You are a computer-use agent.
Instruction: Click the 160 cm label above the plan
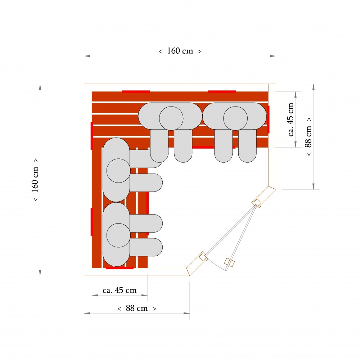tap(180, 51)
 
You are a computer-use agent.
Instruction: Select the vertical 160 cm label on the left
tap(35, 180)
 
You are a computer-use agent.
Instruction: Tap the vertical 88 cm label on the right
tap(309, 136)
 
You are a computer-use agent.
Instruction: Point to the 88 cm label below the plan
tap(137, 309)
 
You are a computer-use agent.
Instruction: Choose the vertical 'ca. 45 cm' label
tap(291, 120)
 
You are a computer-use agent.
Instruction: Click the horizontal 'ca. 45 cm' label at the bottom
tap(120, 291)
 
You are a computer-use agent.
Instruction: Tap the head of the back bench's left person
tap(171, 118)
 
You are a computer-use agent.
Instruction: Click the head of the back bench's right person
tap(235, 118)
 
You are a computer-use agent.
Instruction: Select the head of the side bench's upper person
tap(118, 171)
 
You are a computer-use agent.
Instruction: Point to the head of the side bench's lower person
tap(118, 235)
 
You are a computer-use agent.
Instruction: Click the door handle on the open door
tap(229, 262)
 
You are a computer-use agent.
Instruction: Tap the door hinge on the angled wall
tap(256, 203)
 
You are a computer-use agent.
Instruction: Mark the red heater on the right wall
tap(268, 120)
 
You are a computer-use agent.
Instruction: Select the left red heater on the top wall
tap(136, 91)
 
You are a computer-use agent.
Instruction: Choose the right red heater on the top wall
tap(222, 91)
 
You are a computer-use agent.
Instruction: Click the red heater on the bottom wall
tap(120, 268)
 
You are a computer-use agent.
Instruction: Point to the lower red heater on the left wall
tap(92, 222)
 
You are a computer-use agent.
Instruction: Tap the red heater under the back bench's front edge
tap(213, 147)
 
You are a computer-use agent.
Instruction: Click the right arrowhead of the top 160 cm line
tap(273, 56)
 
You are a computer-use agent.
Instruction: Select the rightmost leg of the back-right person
tap(247, 146)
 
